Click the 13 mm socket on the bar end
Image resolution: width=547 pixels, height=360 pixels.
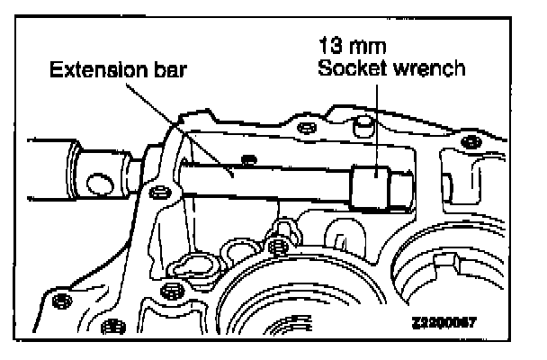pyautogui.click(x=375, y=187)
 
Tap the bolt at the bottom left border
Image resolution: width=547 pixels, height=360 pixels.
pyautogui.click(x=111, y=326)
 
